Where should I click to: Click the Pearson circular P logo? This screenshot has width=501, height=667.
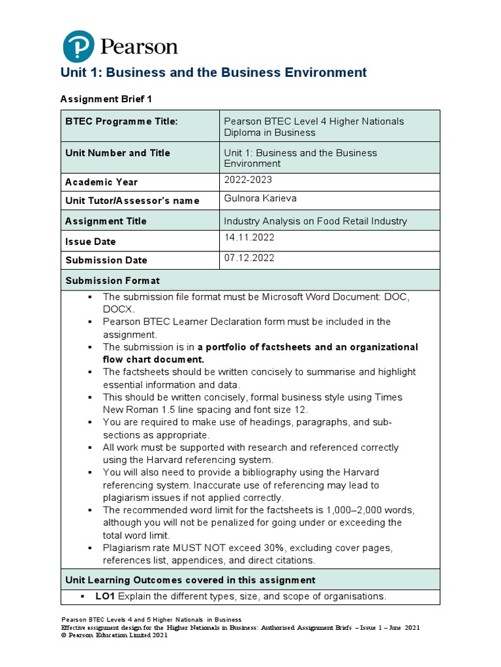point(78,46)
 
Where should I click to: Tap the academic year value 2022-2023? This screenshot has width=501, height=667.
point(248,180)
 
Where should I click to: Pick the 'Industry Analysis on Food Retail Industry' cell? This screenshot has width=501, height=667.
point(315,221)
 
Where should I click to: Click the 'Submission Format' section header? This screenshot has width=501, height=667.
point(112,281)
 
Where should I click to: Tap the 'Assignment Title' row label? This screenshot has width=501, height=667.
point(106,221)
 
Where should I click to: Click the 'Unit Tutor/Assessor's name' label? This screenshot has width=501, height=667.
point(132,201)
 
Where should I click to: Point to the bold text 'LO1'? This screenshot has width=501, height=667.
point(105,596)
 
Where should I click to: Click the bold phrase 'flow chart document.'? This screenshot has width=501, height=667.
point(153,359)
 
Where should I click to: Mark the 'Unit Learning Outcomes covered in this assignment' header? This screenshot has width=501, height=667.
point(190,580)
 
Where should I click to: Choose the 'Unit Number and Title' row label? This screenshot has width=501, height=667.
point(117,153)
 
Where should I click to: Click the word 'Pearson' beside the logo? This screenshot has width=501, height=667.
point(138,47)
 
